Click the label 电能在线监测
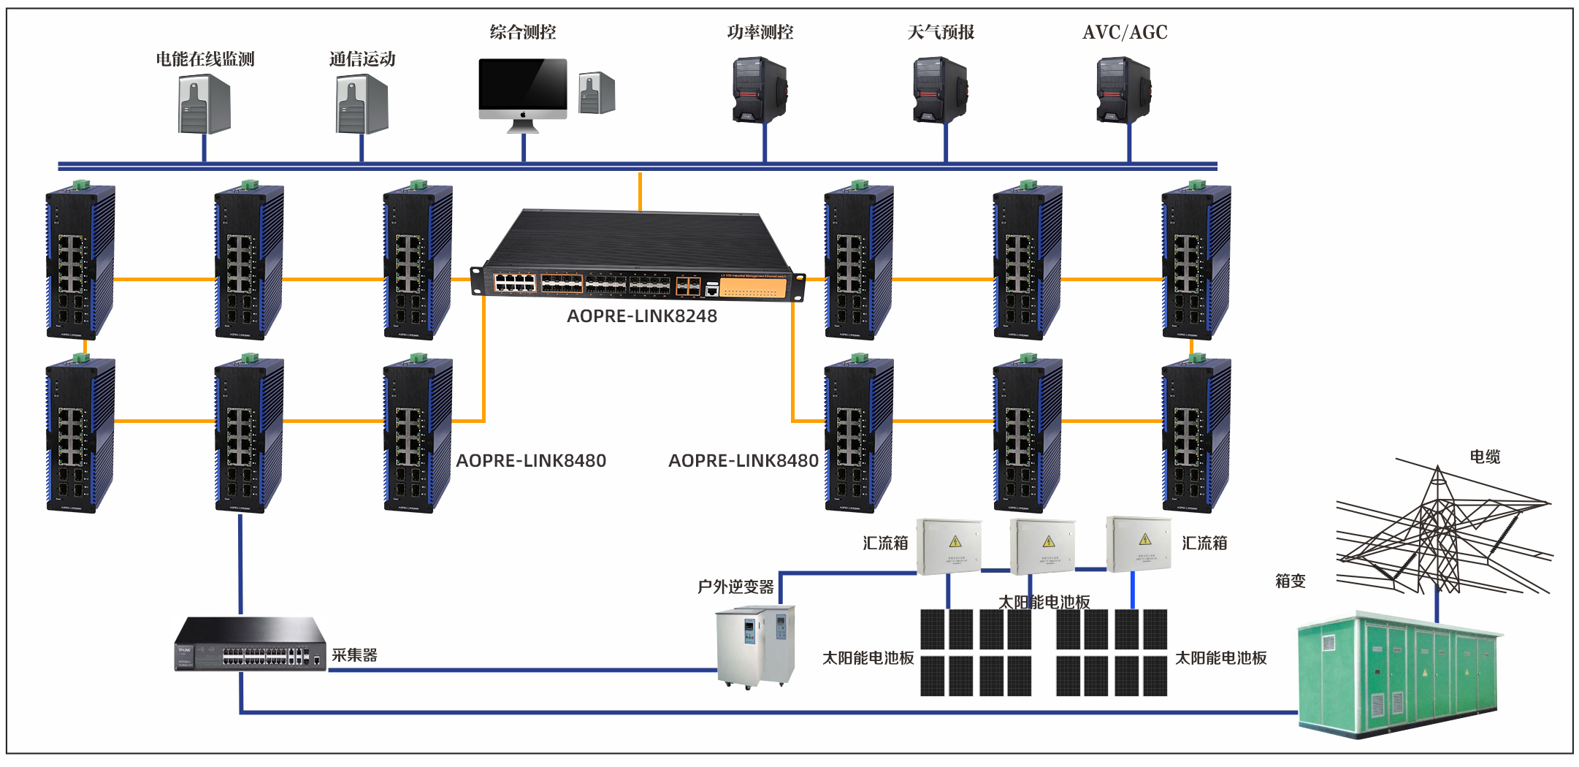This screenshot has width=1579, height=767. pos(204,59)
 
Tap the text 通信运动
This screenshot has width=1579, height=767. pos(362,59)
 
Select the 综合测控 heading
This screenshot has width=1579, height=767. pos(523,32)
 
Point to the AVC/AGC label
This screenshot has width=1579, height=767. pos(1125,32)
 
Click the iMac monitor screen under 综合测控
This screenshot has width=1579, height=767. pos(523,83)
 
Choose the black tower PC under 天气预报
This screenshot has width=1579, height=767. pos(940,91)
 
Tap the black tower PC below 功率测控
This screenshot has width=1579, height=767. pos(760,91)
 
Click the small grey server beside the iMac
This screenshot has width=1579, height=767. pos(597,93)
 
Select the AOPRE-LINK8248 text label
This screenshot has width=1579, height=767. pos(642,316)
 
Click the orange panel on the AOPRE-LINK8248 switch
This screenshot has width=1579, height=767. pos(753,288)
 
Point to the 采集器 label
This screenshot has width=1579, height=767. pos(354,655)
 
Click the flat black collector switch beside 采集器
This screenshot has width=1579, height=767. pos(250,644)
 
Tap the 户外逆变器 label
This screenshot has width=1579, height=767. pos(735,587)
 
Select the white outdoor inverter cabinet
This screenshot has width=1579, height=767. pos(755,646)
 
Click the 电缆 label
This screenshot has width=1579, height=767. pos(1485,457)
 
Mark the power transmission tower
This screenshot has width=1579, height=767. pos(1437,533)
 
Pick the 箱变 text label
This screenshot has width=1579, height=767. pos(1290,581)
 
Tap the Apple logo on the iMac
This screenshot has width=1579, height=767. pos(523,115)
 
